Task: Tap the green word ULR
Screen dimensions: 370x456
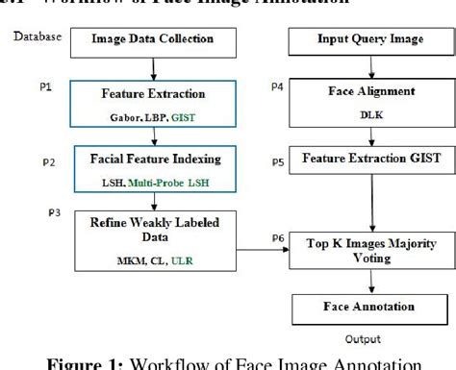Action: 195,259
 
